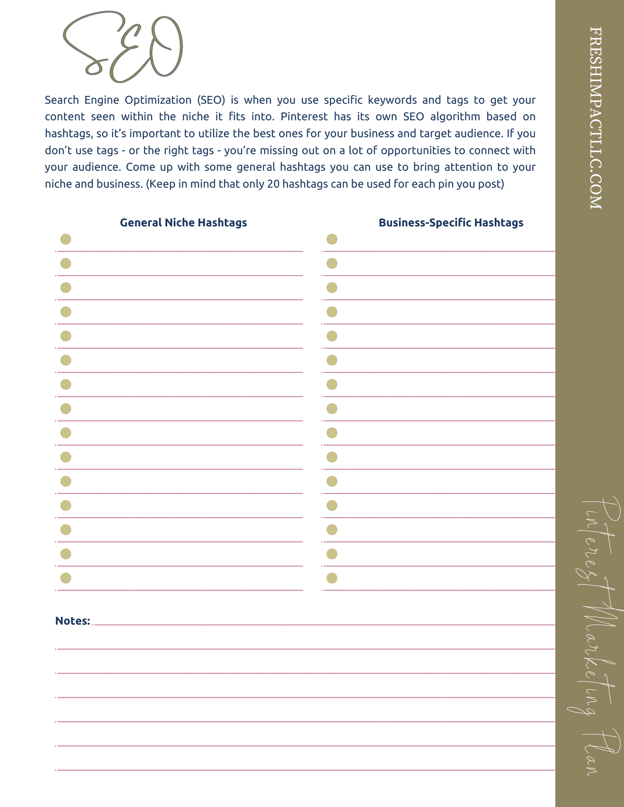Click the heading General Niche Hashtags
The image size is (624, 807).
click(x=183, y=223)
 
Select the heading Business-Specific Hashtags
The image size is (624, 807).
click(x=451, y=223)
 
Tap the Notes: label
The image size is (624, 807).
click(x=73, y=621)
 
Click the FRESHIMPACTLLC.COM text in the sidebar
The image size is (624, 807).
click(x=595, y=118)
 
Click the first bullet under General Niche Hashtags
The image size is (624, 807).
click(x=66, y=239)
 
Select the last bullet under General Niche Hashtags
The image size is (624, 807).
click(x=66, y=578)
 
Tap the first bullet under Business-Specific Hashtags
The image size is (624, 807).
click(x=332, y=239)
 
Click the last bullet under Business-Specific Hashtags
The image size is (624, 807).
click(x=332, y=578)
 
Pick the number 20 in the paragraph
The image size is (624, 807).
click(x=273, y=184)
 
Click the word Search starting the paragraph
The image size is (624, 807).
click(x=62, y=100)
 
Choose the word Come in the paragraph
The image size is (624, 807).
click(x=138, y=167)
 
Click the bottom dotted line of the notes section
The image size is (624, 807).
click(x=305, y=770)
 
